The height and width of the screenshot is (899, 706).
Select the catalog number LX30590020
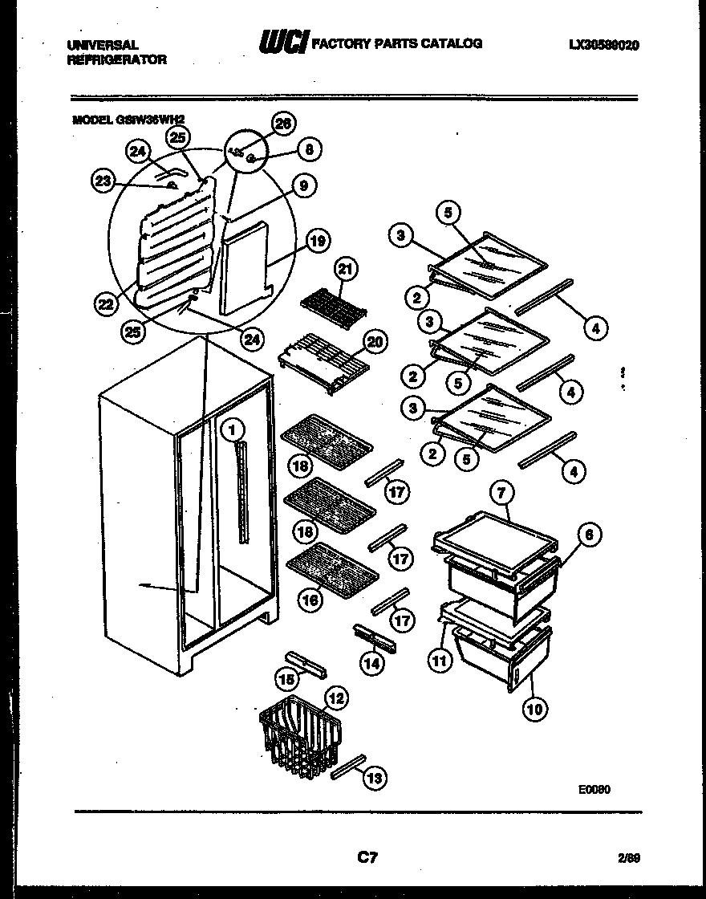(603, 45)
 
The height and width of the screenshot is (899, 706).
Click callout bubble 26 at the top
(283, 123)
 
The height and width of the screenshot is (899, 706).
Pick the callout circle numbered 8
(310, 148)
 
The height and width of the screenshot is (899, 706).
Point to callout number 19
(318, 241)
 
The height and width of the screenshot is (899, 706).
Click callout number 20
(375, 342)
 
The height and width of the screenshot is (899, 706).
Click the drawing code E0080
(594, 789)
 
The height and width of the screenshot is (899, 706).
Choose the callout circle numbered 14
(371, 663)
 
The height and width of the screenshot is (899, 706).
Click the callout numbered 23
(103, 181)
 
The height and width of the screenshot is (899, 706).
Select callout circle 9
(303, 186)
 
